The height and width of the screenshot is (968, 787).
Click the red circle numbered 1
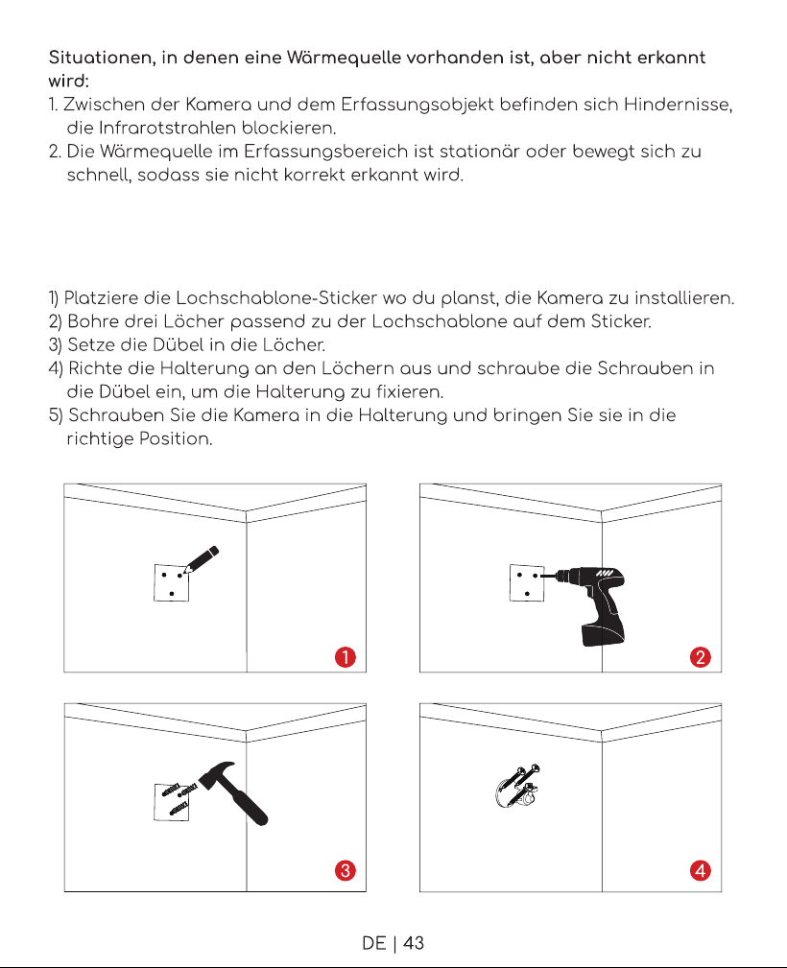(x=346, y=657)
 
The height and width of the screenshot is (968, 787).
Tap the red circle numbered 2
(x=701, y=657)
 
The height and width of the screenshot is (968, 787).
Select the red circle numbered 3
(x=346, y=870)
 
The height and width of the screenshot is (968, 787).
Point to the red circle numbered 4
(x=701, y=870)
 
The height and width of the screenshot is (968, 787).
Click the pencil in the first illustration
(x=202, y=559)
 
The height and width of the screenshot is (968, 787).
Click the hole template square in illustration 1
(x=171, y=582)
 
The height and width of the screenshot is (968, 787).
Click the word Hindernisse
(x=678, y=105)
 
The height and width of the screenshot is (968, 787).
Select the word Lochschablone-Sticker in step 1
(x=276, y=298)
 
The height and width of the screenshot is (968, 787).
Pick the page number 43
(x=414, y=943)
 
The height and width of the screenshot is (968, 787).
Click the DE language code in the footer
(x=373, y=943)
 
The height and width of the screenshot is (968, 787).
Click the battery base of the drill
(x=603, y=635)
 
